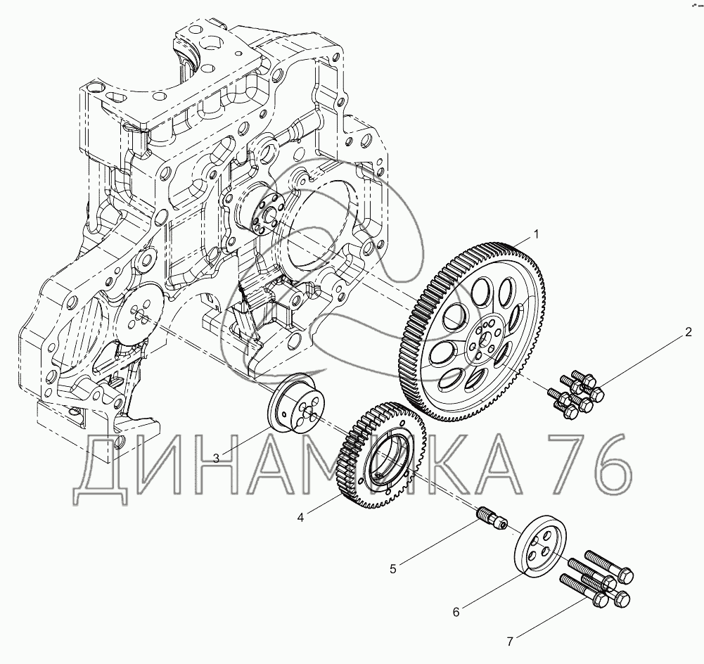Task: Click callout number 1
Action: [535, 234]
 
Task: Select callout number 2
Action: [689, 333]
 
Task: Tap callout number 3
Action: [217, 459]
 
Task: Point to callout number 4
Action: [300, 518]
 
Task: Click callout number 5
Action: [393, 569]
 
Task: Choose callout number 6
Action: [456, 612]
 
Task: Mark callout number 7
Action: [510, 642]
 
